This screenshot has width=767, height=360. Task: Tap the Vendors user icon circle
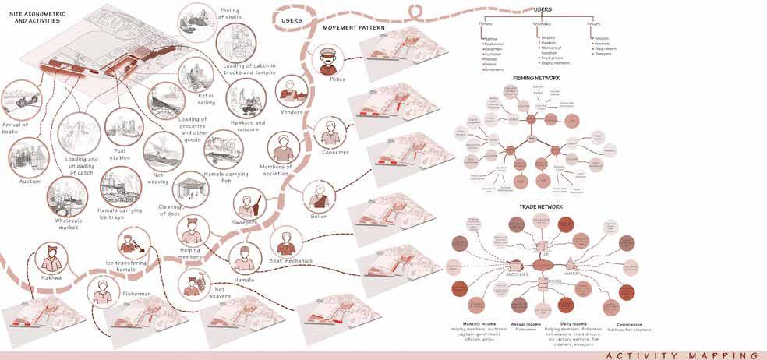(291, 92)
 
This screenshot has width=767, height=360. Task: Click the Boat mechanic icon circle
(286, 242)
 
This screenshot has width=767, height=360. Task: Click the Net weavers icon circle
(192, 283)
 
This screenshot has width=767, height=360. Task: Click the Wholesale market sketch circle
(67, 196)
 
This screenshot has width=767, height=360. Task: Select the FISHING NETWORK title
(536, 78)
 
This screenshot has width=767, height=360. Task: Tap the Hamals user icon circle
(246, 257)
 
